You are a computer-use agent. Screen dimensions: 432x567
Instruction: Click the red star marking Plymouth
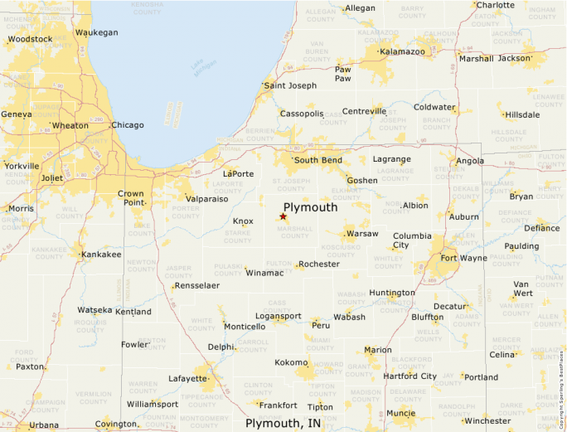coord(283,216)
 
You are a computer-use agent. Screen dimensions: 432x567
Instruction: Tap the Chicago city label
coord(128,125)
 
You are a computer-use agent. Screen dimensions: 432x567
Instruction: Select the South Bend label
coord(318,160)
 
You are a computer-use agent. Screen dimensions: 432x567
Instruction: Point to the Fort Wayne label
coord(463,258)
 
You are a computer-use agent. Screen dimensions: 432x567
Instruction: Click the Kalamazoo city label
coord(402,51)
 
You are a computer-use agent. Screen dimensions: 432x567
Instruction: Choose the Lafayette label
coord(188,378)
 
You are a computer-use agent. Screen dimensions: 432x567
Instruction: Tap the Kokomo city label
coord(291,362)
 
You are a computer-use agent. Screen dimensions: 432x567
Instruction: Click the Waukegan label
coord(97,32)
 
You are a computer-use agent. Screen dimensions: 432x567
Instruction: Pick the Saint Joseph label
coord(290,85)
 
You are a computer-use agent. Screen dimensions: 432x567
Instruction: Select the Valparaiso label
coord(207,199)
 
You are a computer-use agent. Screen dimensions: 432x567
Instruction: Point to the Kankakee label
coord(101,255)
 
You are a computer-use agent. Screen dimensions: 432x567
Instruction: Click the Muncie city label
coord(401,412)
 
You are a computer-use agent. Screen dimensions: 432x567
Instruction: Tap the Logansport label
coord(279,316)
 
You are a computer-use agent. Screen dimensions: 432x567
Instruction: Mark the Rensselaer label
coord(196,285)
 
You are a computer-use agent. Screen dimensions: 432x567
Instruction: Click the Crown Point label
coord(131,198)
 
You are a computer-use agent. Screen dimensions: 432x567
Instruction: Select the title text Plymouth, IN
coord(283,423)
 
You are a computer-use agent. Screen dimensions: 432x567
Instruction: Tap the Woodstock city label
coord(30,39)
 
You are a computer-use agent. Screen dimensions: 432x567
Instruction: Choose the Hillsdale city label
coord(522,114)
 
